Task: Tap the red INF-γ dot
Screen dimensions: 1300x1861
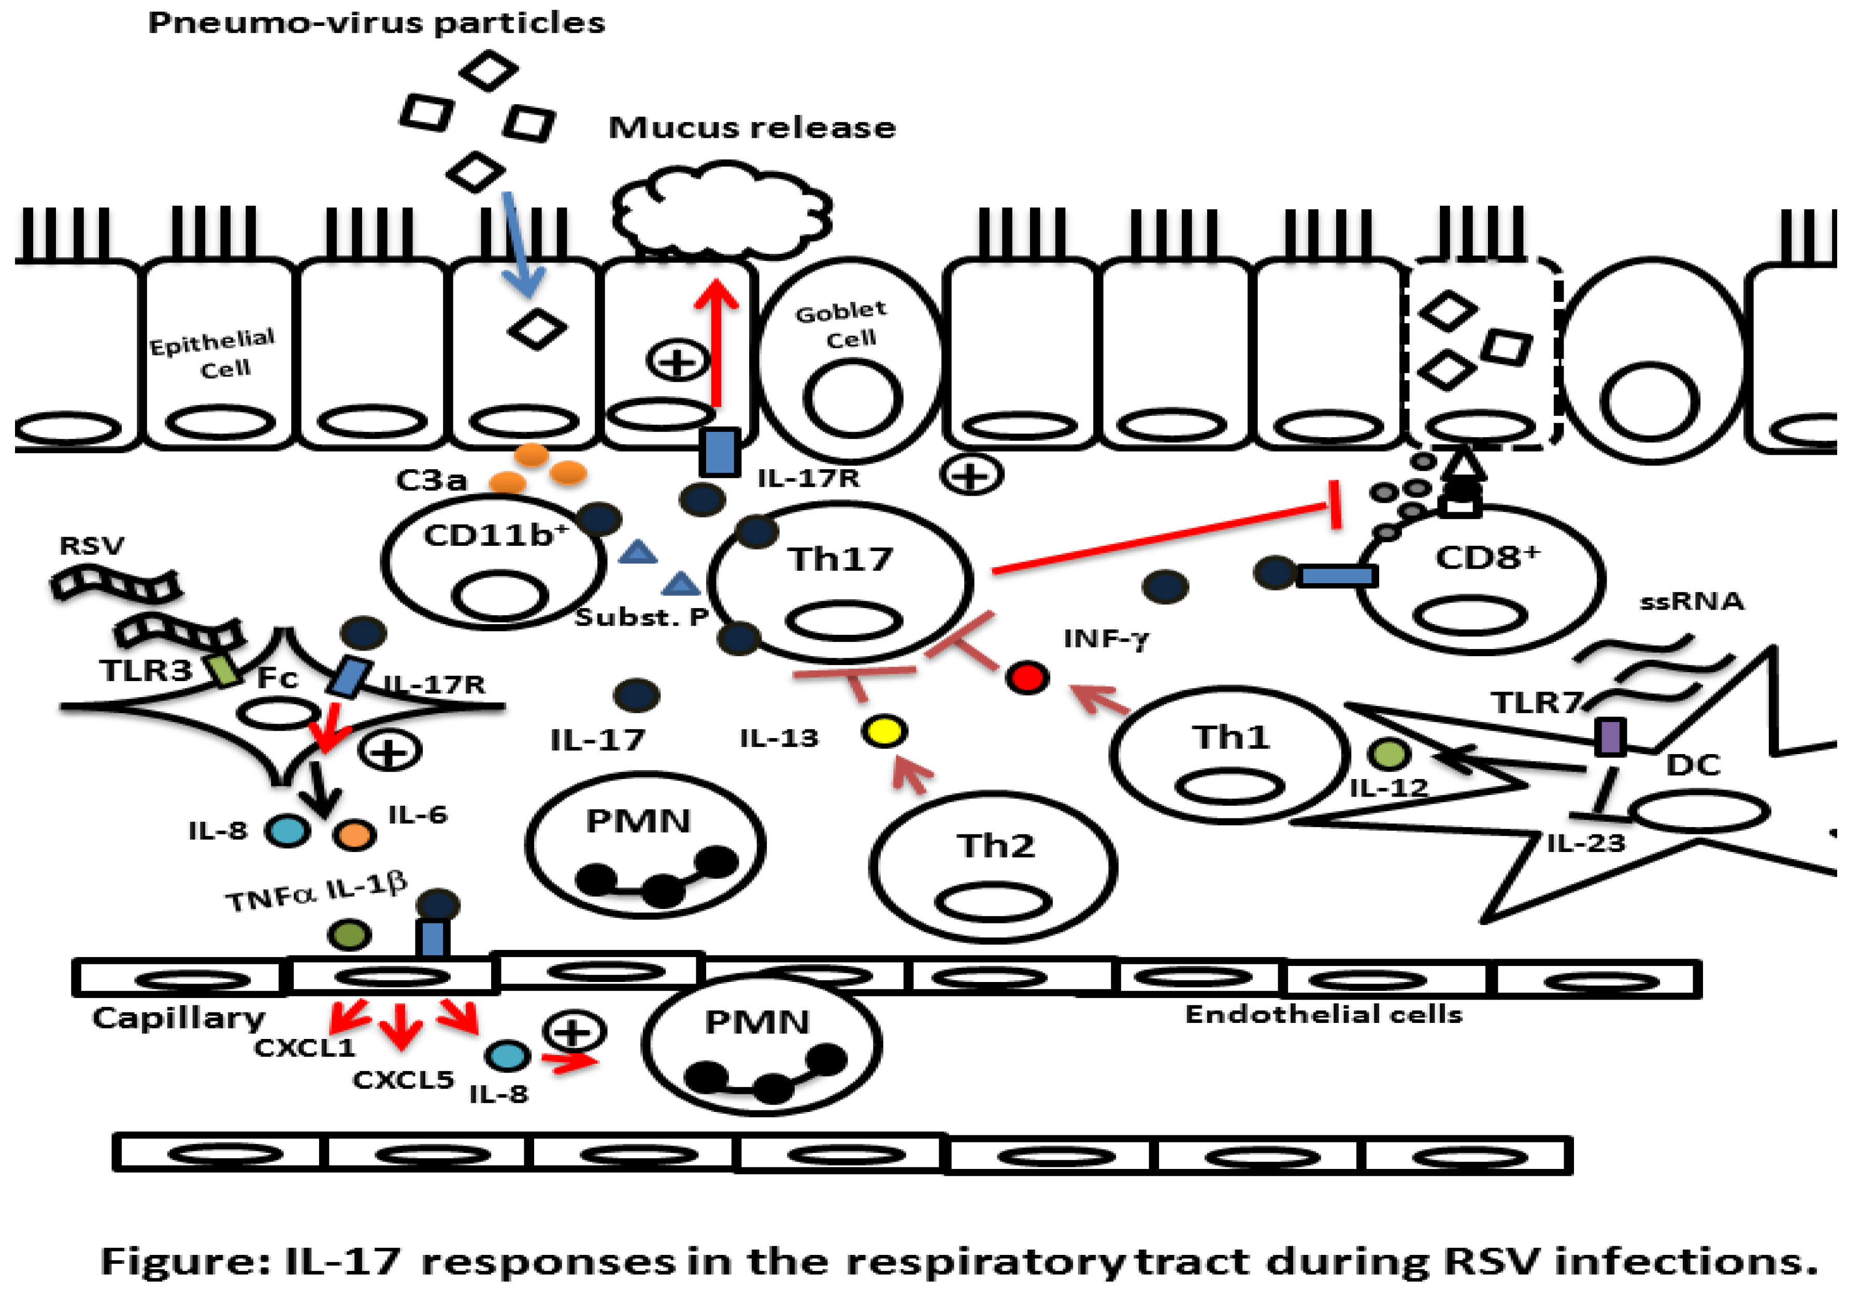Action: pos(1027,677)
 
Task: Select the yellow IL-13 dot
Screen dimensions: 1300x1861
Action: pos(883,731)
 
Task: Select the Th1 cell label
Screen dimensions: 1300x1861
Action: pos(1229,738)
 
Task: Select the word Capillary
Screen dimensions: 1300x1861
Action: pos(178,1018)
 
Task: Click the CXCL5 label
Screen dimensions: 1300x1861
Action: pos(403,1080)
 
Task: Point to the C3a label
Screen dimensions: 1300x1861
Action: pos(431,481)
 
